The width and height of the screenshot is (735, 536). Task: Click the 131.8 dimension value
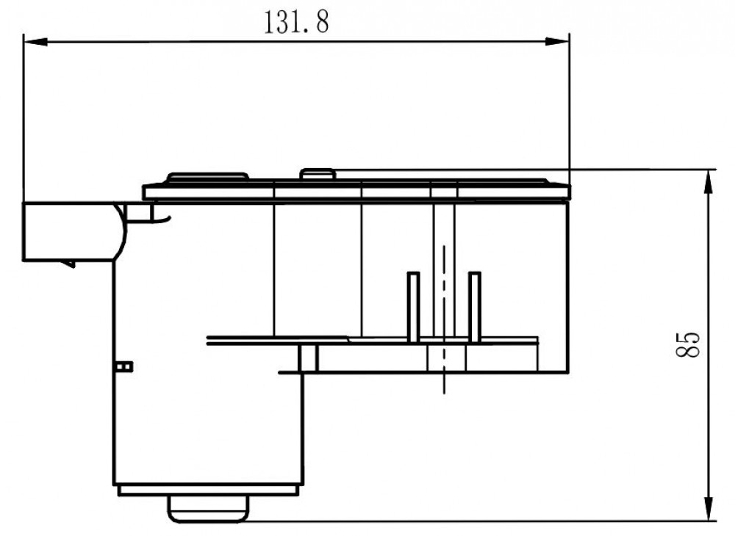point(296,22)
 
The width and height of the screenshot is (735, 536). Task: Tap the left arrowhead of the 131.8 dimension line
point(35,42)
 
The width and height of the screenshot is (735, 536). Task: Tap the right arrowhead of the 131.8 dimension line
point(557,42)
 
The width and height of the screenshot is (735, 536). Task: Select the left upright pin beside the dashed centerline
point(413,307)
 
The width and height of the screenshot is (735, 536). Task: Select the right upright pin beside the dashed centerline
point(474,307)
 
